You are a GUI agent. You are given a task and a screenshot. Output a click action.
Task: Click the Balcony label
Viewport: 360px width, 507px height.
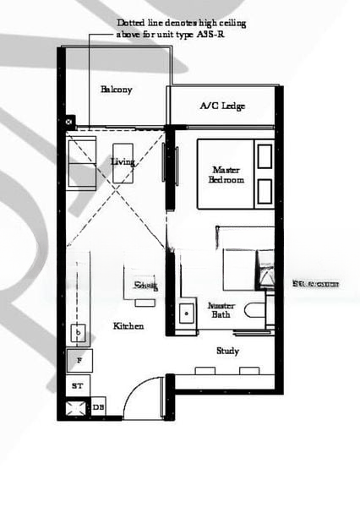117,90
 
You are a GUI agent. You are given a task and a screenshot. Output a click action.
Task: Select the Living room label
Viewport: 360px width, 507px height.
123,161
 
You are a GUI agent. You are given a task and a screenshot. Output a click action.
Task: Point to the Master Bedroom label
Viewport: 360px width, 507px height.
228,175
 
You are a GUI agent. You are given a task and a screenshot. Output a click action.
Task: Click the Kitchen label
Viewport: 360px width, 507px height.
128,325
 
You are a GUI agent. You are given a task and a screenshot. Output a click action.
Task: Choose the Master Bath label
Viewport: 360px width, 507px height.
221,309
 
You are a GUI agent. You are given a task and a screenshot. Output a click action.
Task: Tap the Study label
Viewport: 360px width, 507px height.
227,351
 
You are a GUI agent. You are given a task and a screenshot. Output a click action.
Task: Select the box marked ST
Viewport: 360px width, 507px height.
78,385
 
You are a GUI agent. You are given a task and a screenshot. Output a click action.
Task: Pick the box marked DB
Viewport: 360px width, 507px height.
98,407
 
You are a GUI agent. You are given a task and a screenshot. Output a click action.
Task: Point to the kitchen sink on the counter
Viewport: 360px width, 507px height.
79,335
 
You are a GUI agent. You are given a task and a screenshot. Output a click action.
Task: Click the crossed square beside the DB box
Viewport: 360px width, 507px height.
78,408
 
